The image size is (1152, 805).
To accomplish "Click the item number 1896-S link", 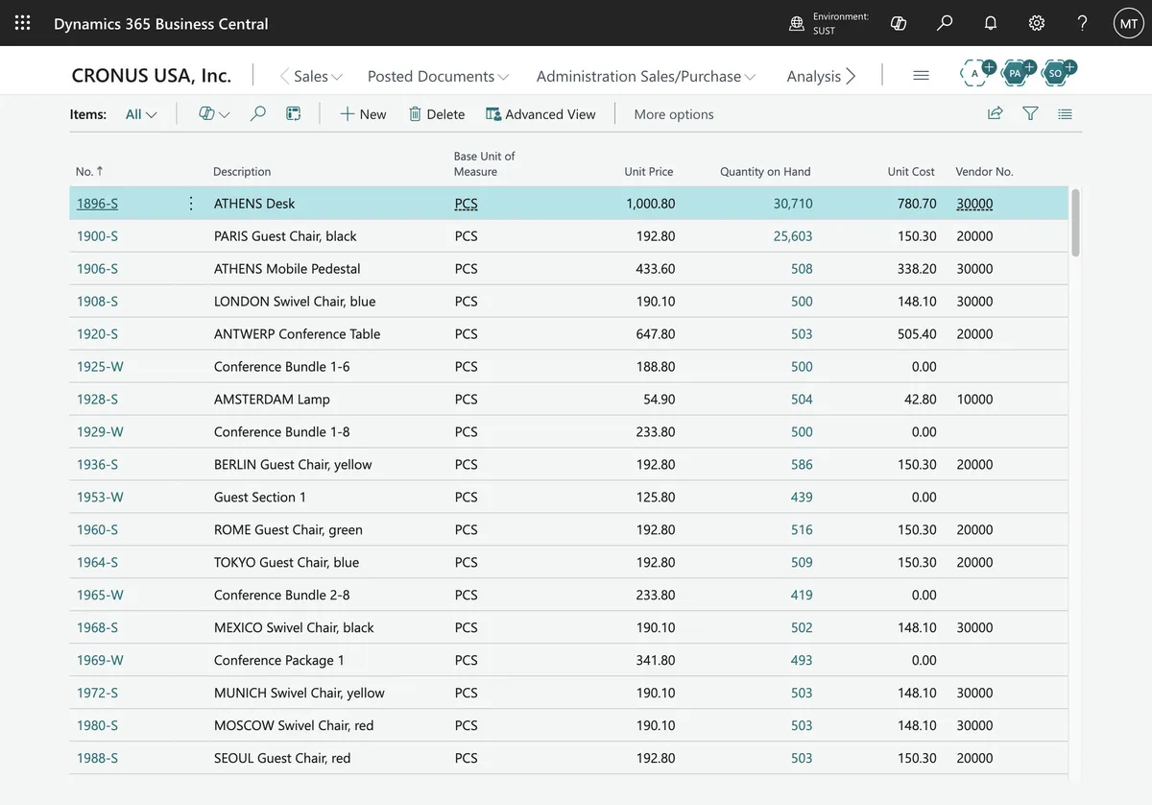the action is pos(97,204).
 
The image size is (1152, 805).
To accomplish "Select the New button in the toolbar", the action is pos(363,113).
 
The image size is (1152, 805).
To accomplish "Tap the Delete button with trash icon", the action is pos(437,113).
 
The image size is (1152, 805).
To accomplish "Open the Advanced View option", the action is pos(540,113).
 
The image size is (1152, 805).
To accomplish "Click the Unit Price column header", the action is pos(649,171).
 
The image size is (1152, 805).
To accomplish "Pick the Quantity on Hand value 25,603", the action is pos(793,235).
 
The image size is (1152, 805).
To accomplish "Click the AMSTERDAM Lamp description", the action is pos(272,399).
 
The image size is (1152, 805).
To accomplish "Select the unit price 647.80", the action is pos(655,333).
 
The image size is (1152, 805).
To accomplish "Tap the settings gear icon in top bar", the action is pos(1036,23).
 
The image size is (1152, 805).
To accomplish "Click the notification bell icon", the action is pos(991,23).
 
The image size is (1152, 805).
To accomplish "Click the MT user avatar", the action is pos(1128,23).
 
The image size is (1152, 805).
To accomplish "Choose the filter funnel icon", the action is pos(1030,113).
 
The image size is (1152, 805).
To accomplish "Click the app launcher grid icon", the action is pos(23,23).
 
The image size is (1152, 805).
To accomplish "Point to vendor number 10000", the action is pos(974,399).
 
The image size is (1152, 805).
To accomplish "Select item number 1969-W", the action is pos(100,660).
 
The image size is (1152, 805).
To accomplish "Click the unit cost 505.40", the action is pos(917,333).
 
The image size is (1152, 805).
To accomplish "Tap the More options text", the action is pos(674,113).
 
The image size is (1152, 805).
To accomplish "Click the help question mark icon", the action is pos(1082,23).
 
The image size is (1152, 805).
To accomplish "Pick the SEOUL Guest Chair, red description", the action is pos(282,758).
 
